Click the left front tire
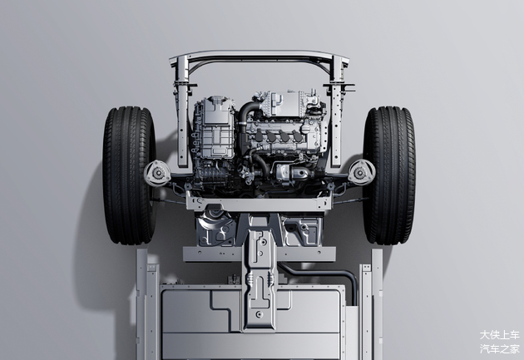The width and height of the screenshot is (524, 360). coord(129,175)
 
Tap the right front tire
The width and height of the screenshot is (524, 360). coord(389,175)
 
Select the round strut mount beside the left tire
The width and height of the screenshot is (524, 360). coord(157,173)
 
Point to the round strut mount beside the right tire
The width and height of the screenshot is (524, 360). coord(361,172)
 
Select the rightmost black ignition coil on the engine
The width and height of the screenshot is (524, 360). coord(299,136)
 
